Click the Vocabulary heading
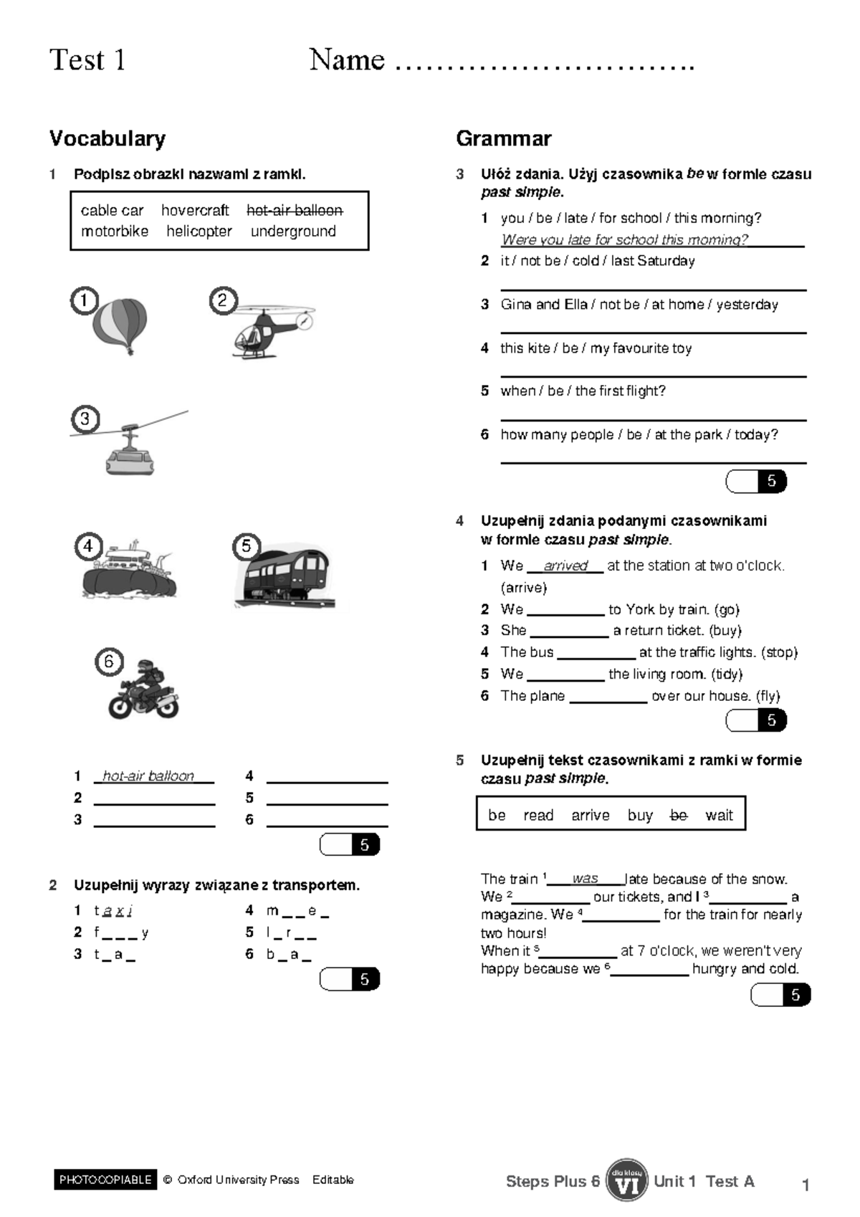(107, 138)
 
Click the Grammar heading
(503, 138)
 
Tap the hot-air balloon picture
(120, 325)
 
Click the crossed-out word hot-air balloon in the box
(295, 210)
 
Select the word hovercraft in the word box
(195, 210)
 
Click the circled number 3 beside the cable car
(85, 419)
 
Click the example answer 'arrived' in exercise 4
(565, 565)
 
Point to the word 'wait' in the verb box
(719, 815)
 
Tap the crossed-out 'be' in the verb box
(678, 815)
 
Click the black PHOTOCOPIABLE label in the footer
(105, 1180)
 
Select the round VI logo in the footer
(626, 1180)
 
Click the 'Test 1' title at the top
(87, 60)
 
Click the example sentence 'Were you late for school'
(624, 239)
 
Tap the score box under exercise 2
(350, 979)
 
